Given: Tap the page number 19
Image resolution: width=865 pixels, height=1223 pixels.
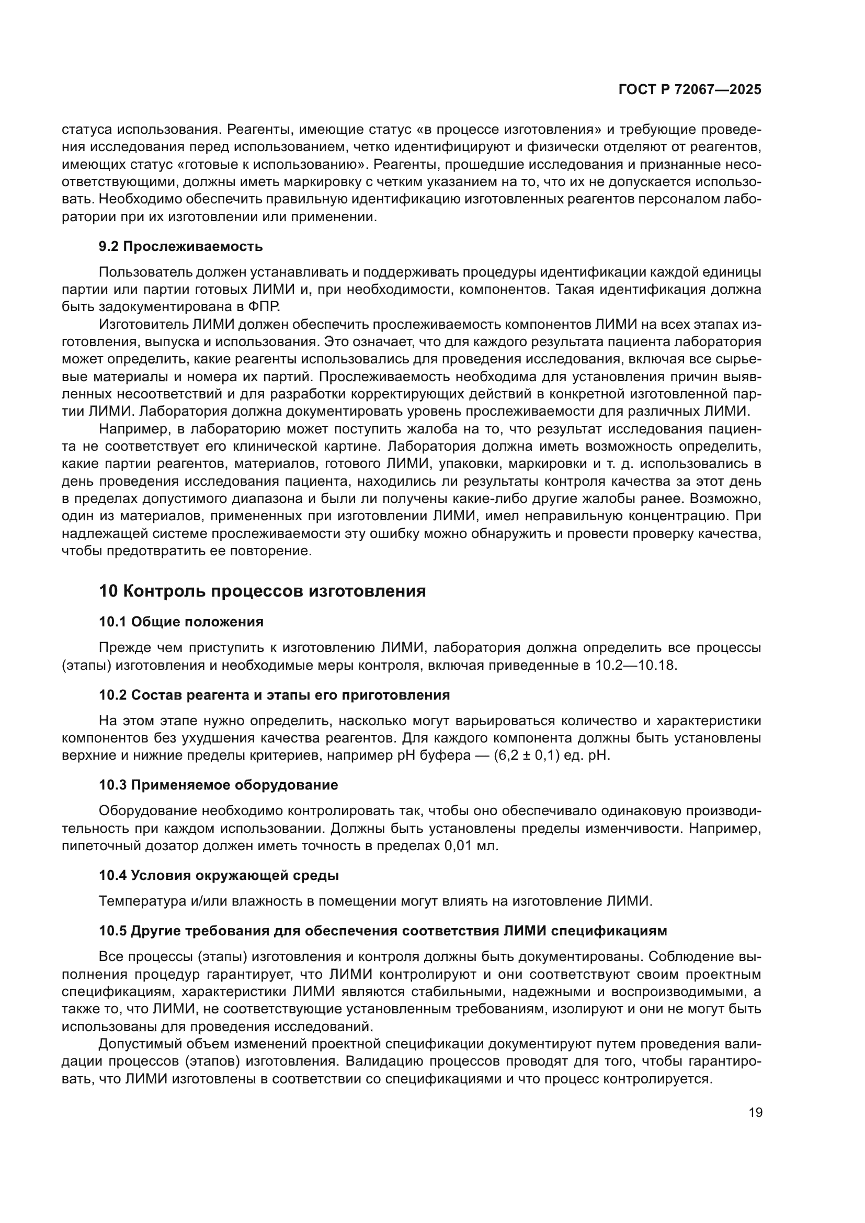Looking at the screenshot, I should click(x=755, y=1112).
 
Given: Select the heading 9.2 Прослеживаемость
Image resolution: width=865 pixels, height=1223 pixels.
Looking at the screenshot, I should click(x=180, y=246).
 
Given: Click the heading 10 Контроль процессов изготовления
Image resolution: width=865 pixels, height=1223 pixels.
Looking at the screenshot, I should click(x=262, y=591).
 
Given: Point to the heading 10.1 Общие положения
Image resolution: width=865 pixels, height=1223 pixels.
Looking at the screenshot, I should click(x=181, y=622).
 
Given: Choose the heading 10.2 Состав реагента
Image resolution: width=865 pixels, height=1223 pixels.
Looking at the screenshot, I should click(x=275, y=694).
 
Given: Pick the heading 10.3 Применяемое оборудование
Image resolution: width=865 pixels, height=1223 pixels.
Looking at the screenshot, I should click(x=219, y=785).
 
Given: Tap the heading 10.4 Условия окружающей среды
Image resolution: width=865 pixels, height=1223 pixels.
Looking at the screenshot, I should click(x=219, y=875).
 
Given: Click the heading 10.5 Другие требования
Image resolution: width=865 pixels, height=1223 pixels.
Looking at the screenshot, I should click(x=382, y=931).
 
